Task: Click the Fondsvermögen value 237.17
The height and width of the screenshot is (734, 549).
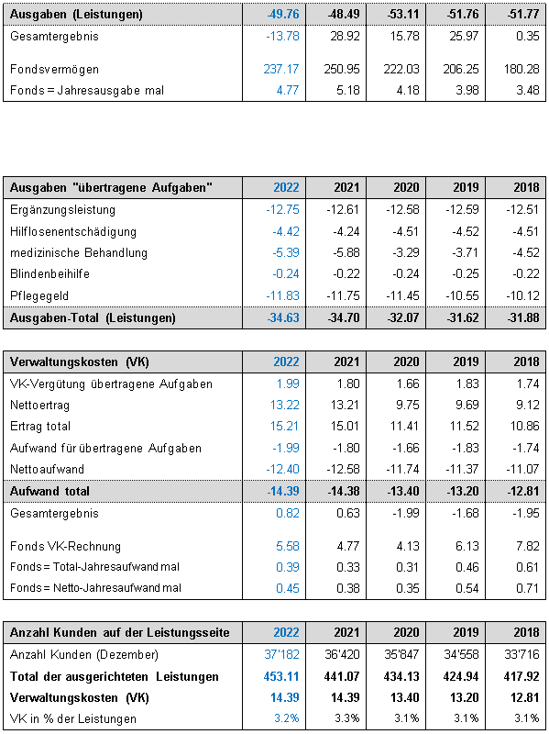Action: (281, 70)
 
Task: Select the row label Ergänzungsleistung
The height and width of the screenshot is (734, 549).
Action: (62, 210)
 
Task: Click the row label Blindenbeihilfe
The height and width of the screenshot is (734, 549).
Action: (49, 273)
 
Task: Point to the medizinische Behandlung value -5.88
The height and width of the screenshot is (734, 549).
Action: (343, 253)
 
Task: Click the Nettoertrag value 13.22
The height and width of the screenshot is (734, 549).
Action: (285, 405)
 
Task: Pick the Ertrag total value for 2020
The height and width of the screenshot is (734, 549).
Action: (406, 427)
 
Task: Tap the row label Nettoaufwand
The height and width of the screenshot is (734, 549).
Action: (47, 469)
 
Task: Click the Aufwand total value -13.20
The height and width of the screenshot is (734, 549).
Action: (463, 492)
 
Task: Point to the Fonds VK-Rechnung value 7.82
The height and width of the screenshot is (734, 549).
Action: (527, 546)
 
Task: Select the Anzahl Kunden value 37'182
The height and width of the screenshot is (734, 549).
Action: (281, 654)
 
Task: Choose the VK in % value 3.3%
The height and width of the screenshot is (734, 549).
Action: (347, 718)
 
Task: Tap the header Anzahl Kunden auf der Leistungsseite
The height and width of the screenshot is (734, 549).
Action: (120, 633)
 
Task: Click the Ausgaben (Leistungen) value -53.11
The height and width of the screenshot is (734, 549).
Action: (403, 14)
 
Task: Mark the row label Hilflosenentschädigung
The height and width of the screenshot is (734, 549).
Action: (73, 232)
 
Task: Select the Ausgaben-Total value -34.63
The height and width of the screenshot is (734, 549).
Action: (283, 318)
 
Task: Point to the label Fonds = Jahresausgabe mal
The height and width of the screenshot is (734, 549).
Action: (87, 90)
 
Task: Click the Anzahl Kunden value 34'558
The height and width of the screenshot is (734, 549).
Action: (463, 654)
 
